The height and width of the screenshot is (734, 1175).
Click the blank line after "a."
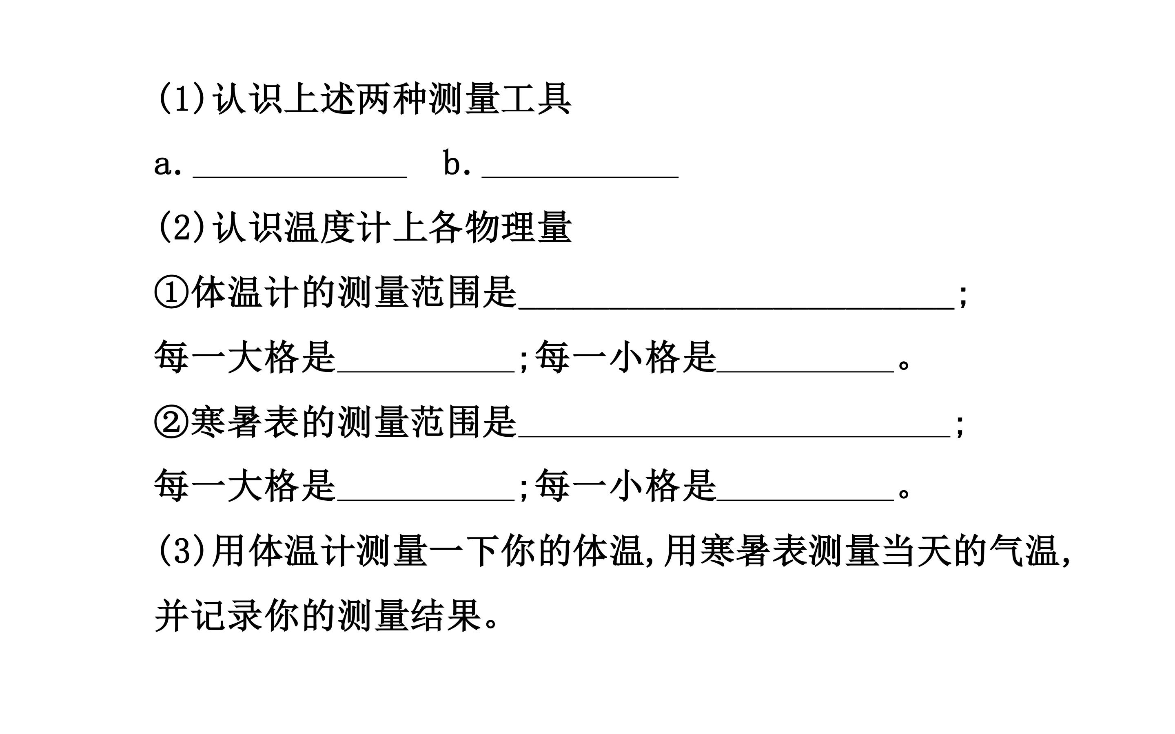tap(299, 178)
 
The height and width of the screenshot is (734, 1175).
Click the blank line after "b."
tap(580, 178)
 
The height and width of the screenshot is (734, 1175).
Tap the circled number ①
tap(171, 292)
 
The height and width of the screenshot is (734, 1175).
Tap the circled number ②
tap(171, 421)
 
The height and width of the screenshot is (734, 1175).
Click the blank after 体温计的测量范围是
tap(736, 308)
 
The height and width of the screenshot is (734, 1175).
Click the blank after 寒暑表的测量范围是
tap(734, 437)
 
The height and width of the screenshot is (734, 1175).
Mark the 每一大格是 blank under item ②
tap(426, 500)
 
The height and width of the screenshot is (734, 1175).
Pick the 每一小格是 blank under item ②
tap(805, 500)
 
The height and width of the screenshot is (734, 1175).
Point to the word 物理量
tap(518, 227)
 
